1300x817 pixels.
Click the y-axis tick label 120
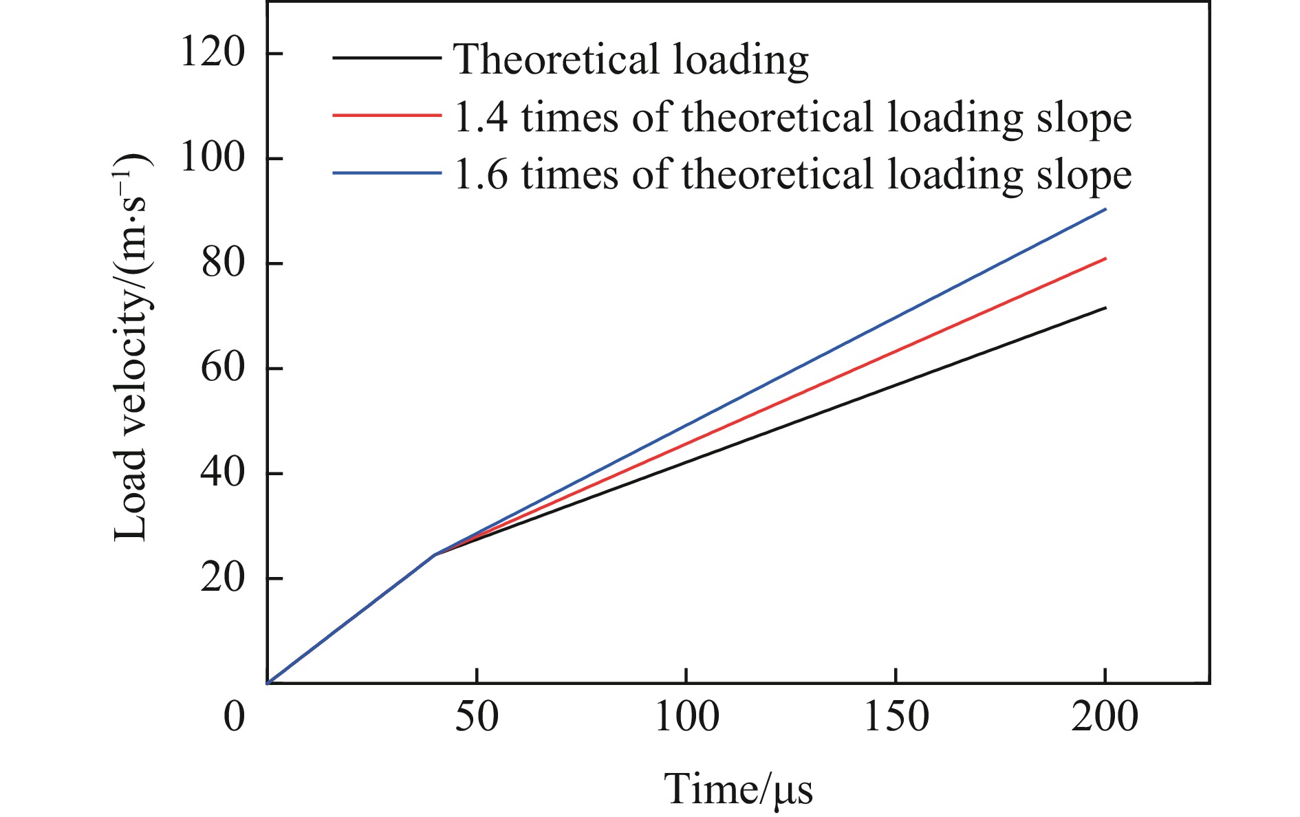pyautogui.click(x=213, y=52)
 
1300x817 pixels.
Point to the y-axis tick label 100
pyautogui.click(x=213, y=157)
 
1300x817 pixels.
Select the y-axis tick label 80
pyautogui.click(x=223, y=263)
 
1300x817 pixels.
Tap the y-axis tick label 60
pyautogui.click(x=223, y=368)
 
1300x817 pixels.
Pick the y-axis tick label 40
pyautogui.click(x=223, y=473)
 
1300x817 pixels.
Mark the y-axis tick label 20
pyautogui.click(x=223, y=578)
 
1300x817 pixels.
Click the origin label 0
pyautogui.click(x=235, y=717)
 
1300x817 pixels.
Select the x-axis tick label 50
pyautogui.click(x=477, y=717)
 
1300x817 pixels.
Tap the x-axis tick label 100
pyautogui.click(x=686, y=717)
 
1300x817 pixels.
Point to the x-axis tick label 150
pyautogui.click(x=896, y=717)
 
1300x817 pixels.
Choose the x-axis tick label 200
pyautogui.click(x=1105, y=717)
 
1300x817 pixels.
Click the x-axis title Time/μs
pyautogui.click(x=738, y=789)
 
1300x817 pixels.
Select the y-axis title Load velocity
pyautogui.click(x=131, y=347)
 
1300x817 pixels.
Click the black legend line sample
pyautogui.click(x=387, y=58)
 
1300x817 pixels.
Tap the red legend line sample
pyautogui.click(x=387, y=116)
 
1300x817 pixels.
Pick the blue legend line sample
pyautogui.click(x=387, y=173)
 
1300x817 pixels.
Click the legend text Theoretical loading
pyautogui.click(x=631, y=59)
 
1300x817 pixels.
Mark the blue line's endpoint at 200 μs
pyautogui.click(x=1105, y=208)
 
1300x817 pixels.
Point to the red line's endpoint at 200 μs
pyautogui.click(x=1105, y=258)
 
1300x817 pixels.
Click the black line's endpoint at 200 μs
pyautogui.click(x=1105, y=307)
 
